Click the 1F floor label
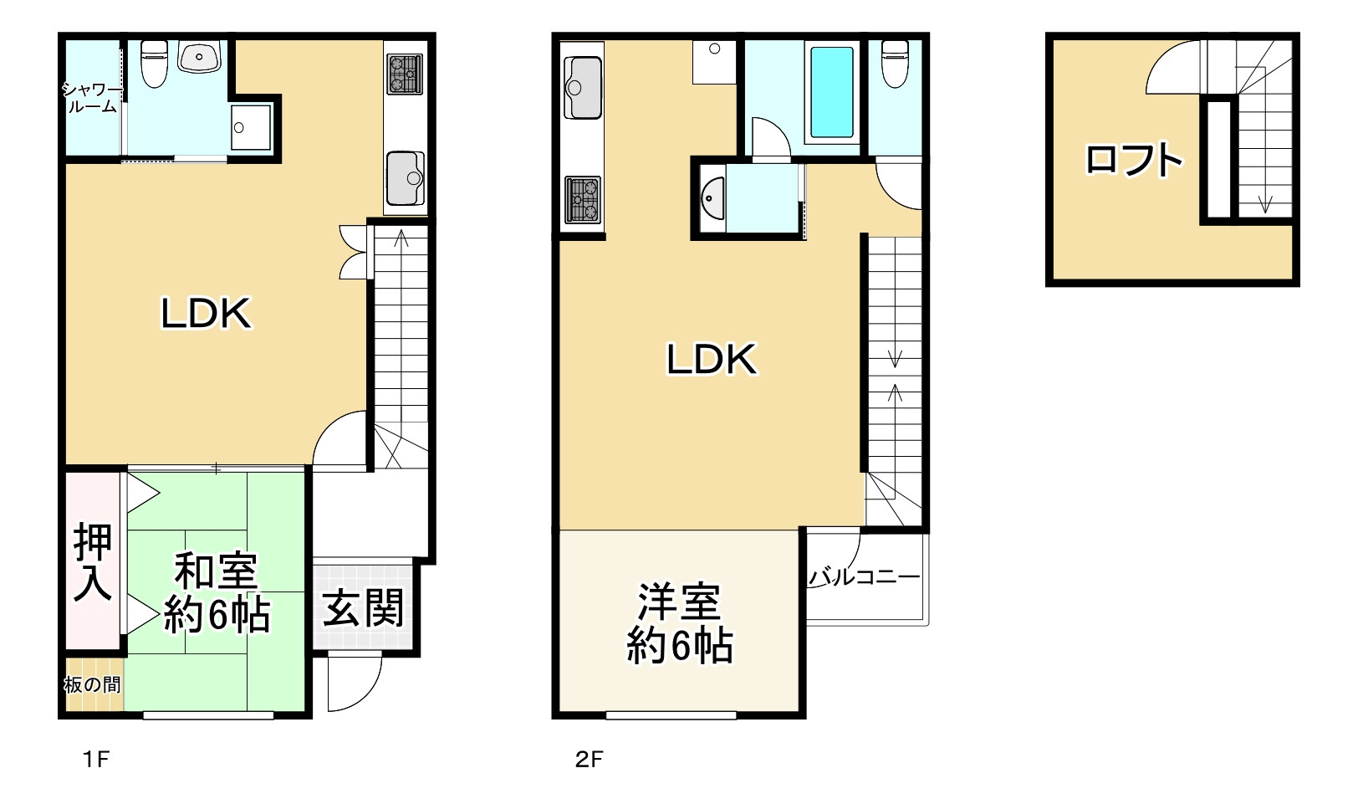(x=96, y=760)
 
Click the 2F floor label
(x=589, y=760)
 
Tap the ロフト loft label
(x=1133, y=159)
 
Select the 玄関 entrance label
(x=364, y=608)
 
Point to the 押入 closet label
(x=92, y=561)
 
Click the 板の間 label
(x=92, y=685)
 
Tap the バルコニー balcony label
(x=864, y=576)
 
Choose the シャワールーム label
(x=91, y=98)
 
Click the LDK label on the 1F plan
(x=206, y=314)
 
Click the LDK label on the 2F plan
(x=711, y=359)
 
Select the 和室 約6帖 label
(x=217, y=593)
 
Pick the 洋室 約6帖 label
(x=680, y=623)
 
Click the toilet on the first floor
(x=154, y=63)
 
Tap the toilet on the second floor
(x=895, y=63)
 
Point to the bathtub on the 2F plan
(x=832, y=92)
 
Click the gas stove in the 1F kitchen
(x=405, y=73)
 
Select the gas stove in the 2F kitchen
(x=582, y=199)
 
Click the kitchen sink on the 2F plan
(x=583, y=87)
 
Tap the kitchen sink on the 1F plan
(x=406, y=177)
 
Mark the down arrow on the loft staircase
(x=1264, y=202)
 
